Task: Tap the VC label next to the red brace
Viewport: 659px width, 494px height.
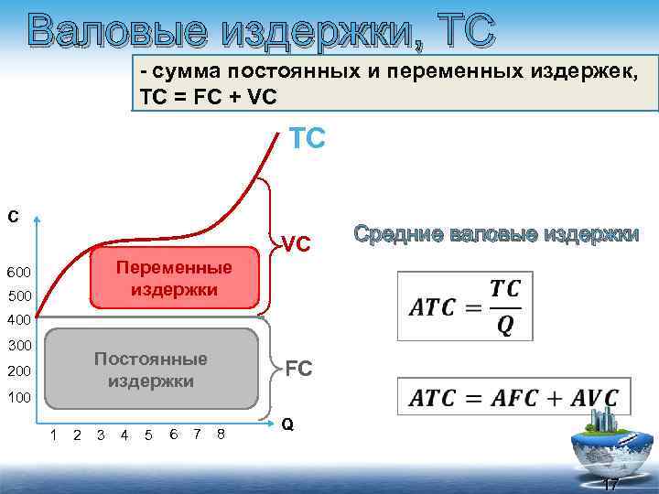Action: [297, 244]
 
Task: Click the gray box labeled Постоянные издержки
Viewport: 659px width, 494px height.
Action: [151, 370]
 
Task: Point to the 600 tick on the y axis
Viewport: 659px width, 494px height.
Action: [19, 274]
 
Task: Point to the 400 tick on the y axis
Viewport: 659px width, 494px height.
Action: [19, 321]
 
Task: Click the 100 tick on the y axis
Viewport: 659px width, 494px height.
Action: [19, 398]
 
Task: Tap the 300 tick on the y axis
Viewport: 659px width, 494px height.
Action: [19, 346]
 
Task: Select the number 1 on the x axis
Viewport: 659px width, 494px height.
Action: [54, 435]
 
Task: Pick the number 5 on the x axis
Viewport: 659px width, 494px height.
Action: [148, 435]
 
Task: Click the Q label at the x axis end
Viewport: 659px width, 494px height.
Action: [287, 424]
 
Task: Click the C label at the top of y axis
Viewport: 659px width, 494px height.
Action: [13, 217]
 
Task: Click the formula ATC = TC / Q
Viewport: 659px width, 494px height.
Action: [465, 306]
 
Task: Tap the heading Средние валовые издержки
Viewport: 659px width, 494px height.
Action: [496, 234]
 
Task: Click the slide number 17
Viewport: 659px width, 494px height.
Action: [610, 483]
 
